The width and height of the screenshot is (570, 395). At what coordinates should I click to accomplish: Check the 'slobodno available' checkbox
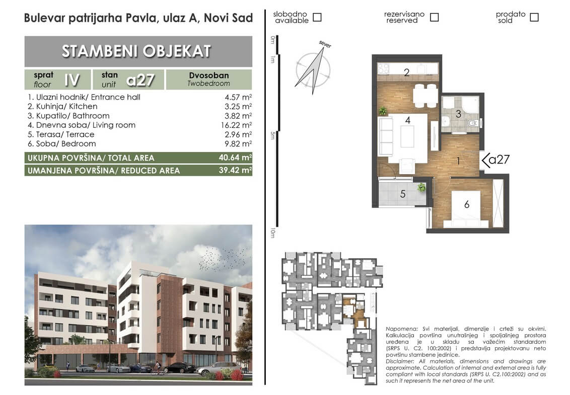point(317,17)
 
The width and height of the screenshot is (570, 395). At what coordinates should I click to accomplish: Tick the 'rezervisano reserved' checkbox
point(435,17)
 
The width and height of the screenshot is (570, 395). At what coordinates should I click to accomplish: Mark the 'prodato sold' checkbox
point(534,17)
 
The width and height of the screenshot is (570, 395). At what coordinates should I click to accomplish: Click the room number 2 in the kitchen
point(407,72)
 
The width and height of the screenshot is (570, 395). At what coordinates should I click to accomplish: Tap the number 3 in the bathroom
point(458,114)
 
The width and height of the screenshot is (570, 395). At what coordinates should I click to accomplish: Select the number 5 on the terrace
point(403,194)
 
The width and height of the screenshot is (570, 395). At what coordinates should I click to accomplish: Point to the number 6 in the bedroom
point(467,205)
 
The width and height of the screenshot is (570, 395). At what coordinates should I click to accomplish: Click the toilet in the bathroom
point(473,123)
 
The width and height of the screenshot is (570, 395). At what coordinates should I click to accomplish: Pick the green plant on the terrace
point(421,187)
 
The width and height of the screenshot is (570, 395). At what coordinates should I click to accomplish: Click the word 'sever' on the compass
point(325,44)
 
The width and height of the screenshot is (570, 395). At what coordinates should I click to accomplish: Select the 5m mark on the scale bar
point(272,135)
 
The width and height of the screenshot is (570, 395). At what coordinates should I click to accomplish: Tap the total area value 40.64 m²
point(235,157)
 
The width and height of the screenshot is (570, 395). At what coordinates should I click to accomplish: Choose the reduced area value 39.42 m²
point(235,170)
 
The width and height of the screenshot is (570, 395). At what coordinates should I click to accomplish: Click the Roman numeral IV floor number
point(72,80)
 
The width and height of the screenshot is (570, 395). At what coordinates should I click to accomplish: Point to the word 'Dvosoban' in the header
point(208,75)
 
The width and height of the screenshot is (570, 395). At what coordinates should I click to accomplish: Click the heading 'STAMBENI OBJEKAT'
point(136,51)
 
